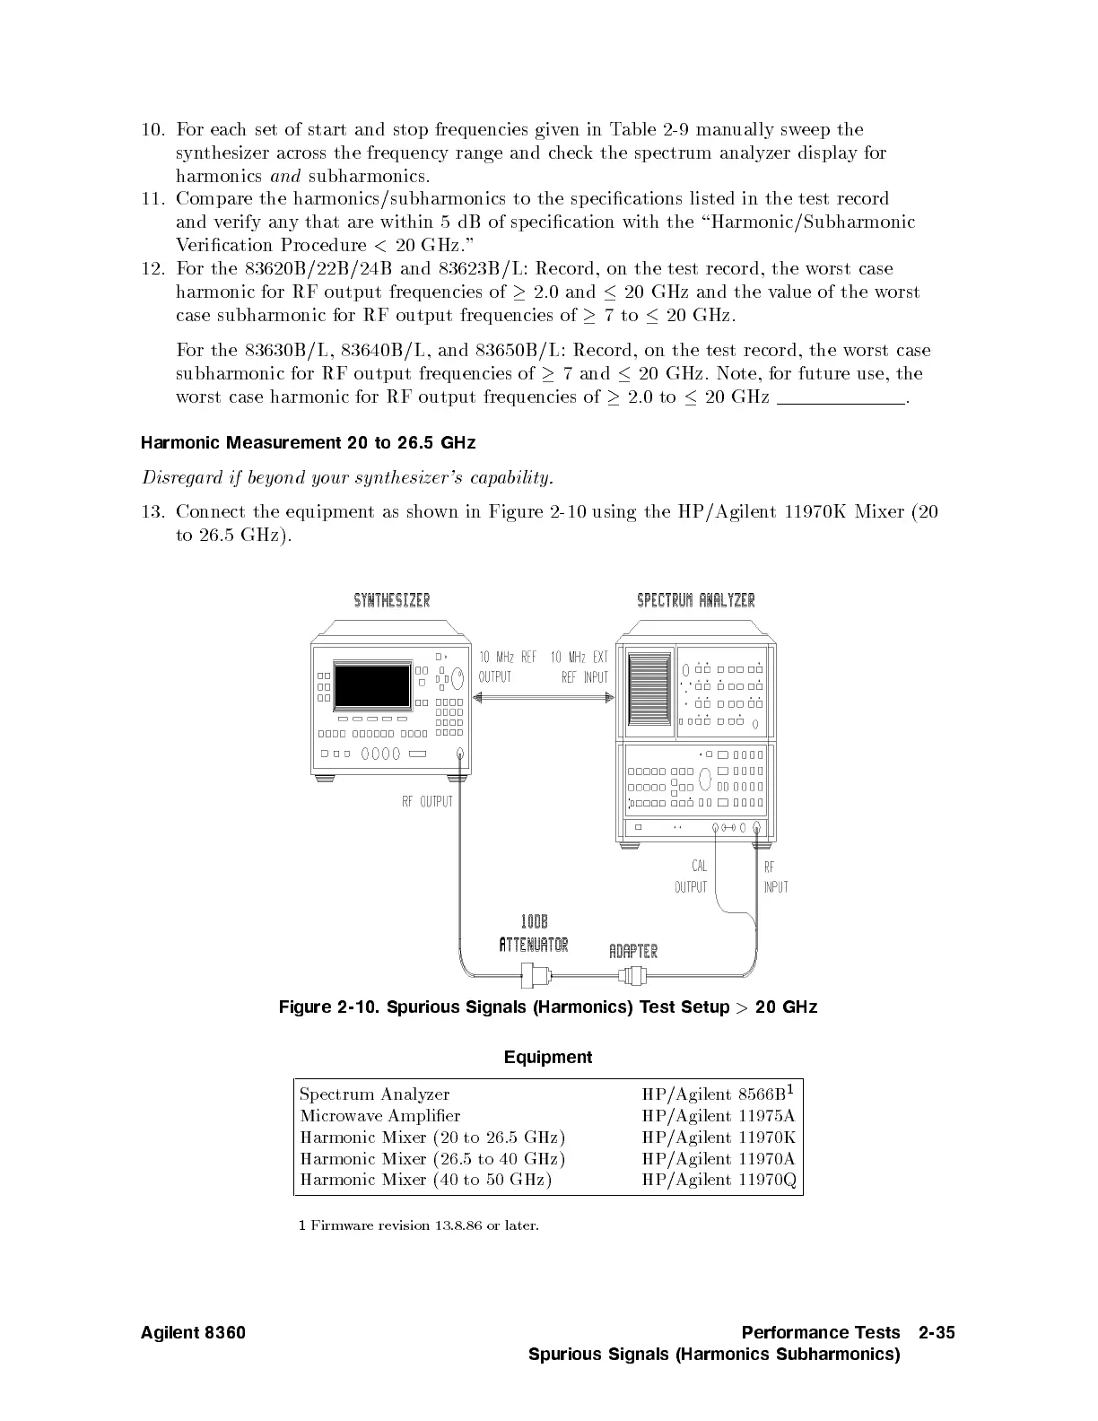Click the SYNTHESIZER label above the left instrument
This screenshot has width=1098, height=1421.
[392, 600]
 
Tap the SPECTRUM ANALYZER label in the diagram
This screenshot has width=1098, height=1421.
[696, 600]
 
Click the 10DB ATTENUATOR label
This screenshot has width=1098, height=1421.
[534, 934]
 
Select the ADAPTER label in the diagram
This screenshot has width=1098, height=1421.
[633, 951]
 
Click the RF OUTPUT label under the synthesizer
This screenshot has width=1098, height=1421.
[427, 801]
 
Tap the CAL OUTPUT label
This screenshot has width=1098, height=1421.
[691, 876]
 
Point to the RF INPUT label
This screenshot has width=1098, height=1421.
[776, 876]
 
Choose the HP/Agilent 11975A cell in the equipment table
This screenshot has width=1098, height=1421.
[719, 1116]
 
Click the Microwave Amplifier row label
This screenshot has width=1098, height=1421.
[380, 1116]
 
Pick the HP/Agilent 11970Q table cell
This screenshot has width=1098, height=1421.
[719, 1180]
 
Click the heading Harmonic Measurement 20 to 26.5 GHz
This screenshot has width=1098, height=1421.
[309, 443]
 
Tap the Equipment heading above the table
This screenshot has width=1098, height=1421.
[548, 1058]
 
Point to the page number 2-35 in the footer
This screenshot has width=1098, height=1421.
[937, 1333]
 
